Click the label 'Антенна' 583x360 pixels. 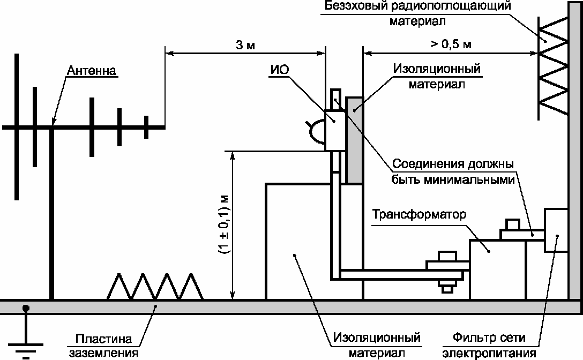click(92, 71)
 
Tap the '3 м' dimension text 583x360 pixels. click(245, 44)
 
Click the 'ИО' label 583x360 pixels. click(277, 69)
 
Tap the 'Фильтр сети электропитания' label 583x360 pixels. click(489, 345)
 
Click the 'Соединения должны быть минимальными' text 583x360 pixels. click(453, 171)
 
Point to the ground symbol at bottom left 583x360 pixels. click(25, 337)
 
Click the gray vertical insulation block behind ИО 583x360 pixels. click(354, 139)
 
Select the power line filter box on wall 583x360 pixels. click(556, 230)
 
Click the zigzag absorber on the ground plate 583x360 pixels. click(155, 287)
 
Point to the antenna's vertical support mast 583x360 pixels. click(51, 214)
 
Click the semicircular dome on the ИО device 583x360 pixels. click(316, 131)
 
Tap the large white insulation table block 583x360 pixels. click(297, 241)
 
